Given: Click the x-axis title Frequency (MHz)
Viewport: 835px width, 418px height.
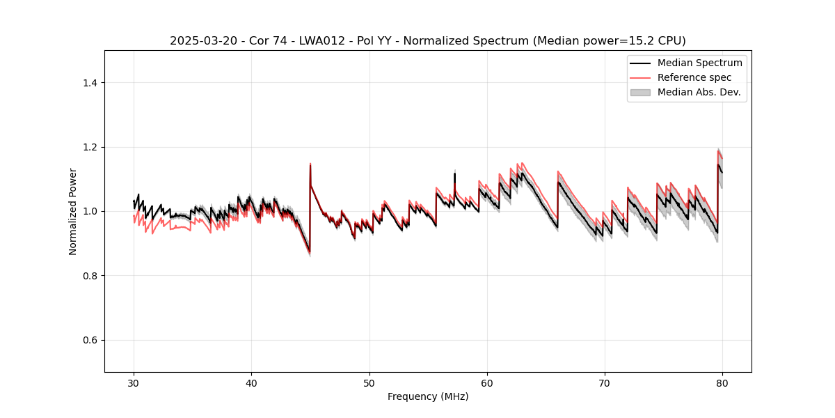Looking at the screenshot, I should [428, 396].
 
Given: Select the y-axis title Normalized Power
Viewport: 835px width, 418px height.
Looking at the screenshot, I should [73, 211].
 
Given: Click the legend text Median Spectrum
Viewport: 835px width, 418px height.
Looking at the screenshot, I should [699, 63].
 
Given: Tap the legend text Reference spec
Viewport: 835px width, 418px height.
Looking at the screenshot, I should [694, 77].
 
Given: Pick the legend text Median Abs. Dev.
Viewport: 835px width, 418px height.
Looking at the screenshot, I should [699, 92].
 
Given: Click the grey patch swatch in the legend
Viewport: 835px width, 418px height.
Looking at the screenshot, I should [640, 92].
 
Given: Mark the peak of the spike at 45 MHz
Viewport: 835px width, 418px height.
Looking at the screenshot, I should [310, 164].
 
